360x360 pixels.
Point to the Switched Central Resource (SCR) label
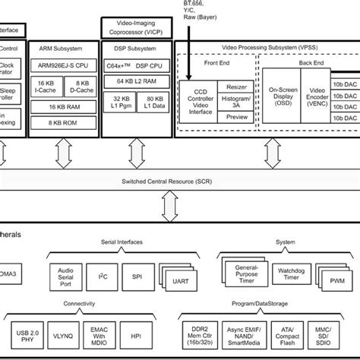tap(179, 183)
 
